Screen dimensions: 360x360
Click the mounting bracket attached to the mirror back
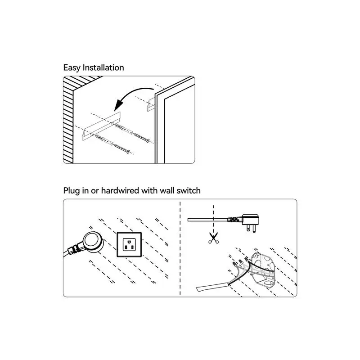point(150,103)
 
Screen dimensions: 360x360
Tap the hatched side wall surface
point(68,121)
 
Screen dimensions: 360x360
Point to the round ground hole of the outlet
point(130,249)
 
